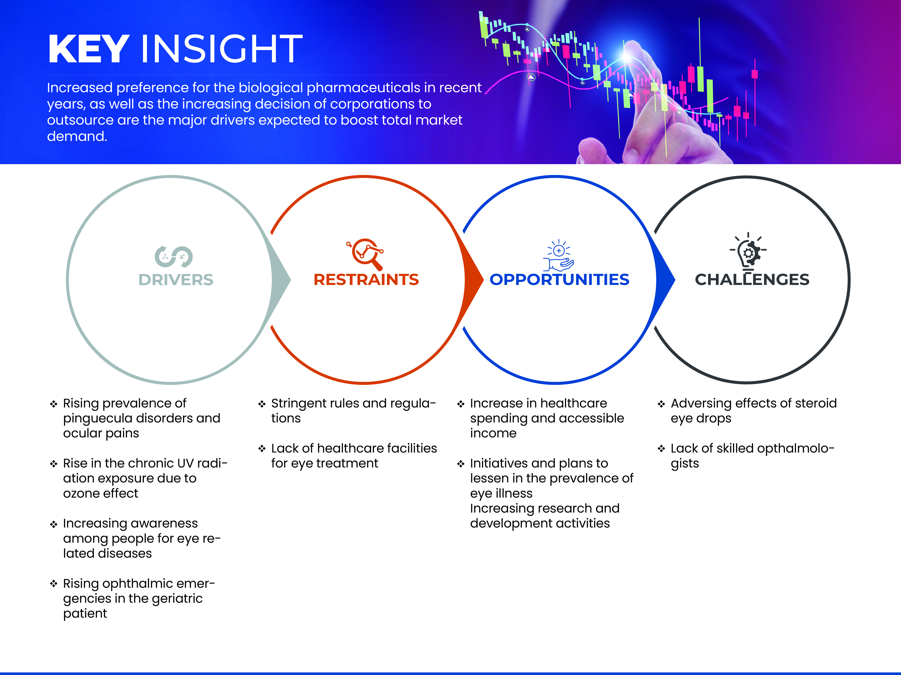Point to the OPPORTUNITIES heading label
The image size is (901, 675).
pos(559,280)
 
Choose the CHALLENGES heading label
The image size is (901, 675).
pos(752,280)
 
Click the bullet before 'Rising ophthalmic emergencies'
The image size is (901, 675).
pos(53,584)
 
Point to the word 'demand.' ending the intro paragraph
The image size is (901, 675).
pos(77,136)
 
